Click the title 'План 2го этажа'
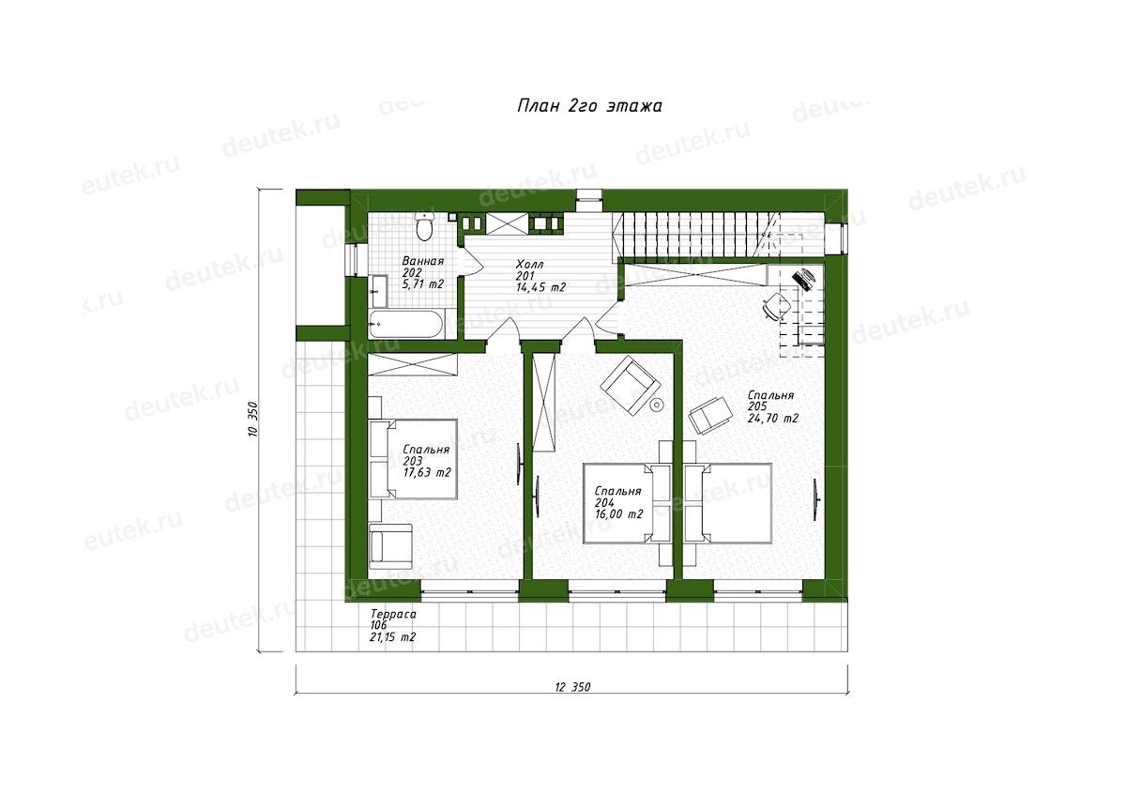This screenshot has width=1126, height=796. click(589, 106)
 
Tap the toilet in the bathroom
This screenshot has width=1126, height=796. click(425, 227)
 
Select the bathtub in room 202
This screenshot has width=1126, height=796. click(406, 325)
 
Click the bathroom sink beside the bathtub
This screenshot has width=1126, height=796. click(377, 291)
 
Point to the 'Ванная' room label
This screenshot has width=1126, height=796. click(423, 262)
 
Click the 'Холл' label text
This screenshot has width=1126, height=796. click(530, 265)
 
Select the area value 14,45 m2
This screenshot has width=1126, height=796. click(540, 287)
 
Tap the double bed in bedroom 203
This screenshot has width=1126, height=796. click(413, 460)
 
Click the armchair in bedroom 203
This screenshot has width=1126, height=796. click(390, 545)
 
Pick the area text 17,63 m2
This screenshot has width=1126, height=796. click(427, 473)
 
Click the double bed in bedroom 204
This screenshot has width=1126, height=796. click(627, 503)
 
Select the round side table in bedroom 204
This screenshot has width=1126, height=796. click(656, 405)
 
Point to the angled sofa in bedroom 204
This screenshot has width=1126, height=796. click(631, 385)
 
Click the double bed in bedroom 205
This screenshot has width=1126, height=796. click(727, 503)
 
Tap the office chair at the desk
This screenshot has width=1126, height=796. click(775, 306)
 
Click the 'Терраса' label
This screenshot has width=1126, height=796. click(393, 615)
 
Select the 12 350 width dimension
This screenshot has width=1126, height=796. click(572, 687)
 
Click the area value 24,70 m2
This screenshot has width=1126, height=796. click(772, 419)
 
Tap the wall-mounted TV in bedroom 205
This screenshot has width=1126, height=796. click(814, 499)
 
